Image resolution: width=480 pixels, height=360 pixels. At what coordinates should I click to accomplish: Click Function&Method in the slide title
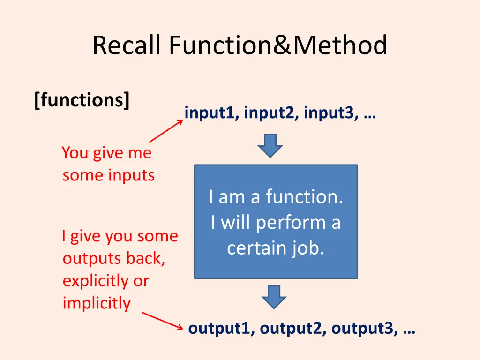point(278,45)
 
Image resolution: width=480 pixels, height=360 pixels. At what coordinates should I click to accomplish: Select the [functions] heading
point(82,99)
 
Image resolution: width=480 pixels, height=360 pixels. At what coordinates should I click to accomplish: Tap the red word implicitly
point(97,303)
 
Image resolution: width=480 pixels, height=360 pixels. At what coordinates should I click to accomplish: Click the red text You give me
point(107,153)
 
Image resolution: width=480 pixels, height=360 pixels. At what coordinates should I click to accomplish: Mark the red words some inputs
point(109,175)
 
